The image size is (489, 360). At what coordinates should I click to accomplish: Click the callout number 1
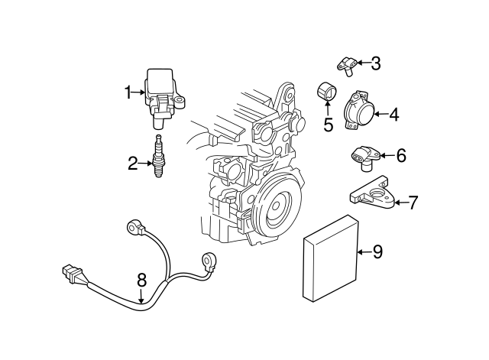coord(129,93)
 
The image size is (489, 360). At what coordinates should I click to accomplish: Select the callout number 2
coord(132,162)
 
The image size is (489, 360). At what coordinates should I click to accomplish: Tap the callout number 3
coord(375,63)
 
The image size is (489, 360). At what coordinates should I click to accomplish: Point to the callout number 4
coord(393,115)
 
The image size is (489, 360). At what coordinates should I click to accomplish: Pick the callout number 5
coord(329,125)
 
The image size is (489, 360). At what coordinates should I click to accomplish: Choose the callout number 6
coord(401,156)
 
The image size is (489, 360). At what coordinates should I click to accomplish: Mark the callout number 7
coord(413,203)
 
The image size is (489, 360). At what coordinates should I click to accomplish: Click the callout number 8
coord(141,281)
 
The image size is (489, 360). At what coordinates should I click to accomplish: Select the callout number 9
coord(377,251)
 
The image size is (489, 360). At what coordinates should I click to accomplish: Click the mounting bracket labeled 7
coord(372,196)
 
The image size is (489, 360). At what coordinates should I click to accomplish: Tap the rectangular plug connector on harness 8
coord(70,274)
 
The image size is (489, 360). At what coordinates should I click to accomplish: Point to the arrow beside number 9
coord(363,251)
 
